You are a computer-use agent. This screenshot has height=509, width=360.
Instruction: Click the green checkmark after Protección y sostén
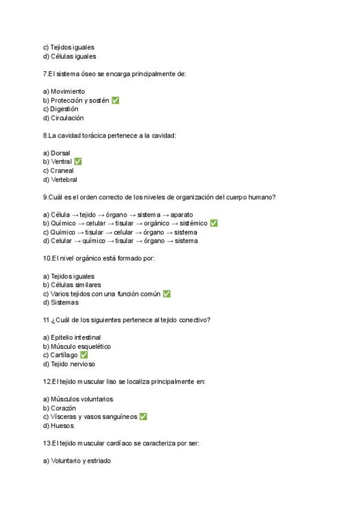point(115,100)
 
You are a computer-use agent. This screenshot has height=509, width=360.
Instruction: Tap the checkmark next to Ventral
point(78,161)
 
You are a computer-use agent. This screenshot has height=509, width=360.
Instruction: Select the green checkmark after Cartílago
point(84,355)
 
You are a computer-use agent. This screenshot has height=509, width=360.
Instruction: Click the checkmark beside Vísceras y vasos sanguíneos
point(143,417)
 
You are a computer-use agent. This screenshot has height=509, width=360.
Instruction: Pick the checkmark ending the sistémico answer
point(214,223)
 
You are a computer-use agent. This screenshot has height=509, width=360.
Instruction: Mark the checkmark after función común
point(167,294)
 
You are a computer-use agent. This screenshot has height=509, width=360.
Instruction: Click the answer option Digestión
point(64,109)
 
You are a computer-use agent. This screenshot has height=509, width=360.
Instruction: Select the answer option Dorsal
point(60,153)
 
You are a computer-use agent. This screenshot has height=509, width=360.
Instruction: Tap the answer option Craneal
point(62,170)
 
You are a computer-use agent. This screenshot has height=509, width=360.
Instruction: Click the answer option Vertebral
point(64,179)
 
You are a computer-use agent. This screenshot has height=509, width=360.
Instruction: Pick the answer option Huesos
point(62,426)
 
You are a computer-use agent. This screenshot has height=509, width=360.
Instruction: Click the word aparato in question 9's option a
point(181,214)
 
